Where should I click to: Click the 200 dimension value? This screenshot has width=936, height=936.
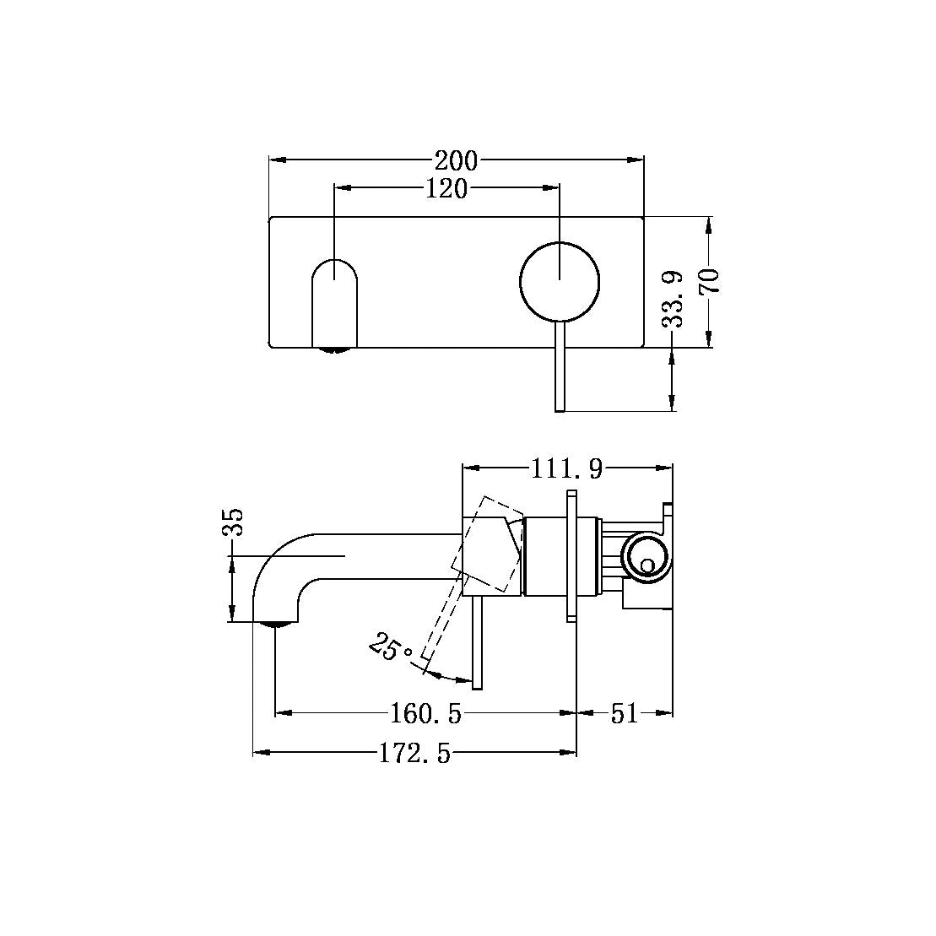tap(456, 160)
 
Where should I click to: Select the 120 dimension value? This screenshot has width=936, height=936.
tap(446, 189)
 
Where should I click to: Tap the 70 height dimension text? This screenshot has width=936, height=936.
tap(709, 280)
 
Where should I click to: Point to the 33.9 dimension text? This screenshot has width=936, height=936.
tap(673, 299)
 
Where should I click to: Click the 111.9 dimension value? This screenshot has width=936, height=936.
tap(566, 468)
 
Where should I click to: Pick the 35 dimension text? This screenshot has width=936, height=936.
tap(233, 522)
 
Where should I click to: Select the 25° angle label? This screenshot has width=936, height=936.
tap(392, 649)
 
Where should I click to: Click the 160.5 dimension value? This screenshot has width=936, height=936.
tap(425, 714)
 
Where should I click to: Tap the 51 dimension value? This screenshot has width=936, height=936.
tap(624, 714)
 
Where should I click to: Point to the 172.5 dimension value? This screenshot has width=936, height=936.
tap(414, 754)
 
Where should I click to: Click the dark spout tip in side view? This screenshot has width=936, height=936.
tap(276, 624)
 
